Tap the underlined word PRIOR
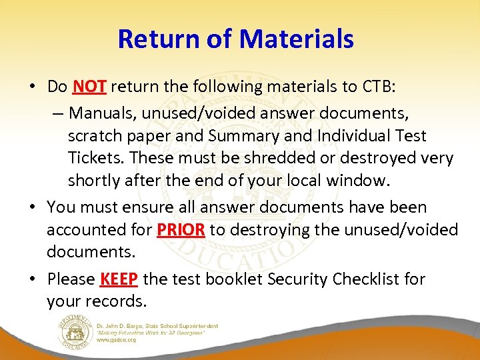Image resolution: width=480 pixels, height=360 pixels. click(181, 231)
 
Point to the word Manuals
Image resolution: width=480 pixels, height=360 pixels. click(99, 112)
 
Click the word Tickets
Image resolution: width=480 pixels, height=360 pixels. click(95, 159)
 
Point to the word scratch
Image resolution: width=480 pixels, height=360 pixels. click(94, 136)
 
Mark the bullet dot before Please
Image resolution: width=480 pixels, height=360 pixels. click(33, 279)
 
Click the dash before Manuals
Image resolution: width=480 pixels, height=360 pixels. click(58, 112)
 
